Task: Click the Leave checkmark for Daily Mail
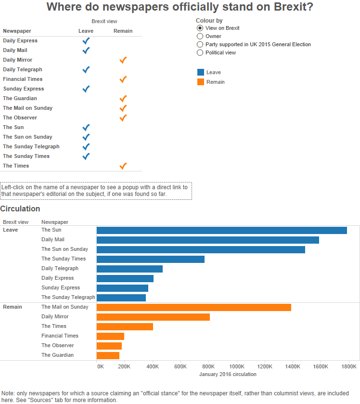86,50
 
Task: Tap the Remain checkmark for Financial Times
123,79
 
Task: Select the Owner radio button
200,36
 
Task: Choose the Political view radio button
200,52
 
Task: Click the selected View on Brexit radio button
200,28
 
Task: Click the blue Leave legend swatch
201,72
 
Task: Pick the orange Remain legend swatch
201,82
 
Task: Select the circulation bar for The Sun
221,230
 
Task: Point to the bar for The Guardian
108,355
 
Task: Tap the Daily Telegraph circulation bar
129,269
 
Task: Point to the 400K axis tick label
153,366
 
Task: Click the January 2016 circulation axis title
228,374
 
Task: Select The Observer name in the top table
20,117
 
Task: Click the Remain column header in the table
123,31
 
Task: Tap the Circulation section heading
20,209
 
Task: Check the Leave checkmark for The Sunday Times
86,156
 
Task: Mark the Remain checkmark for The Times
123,166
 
